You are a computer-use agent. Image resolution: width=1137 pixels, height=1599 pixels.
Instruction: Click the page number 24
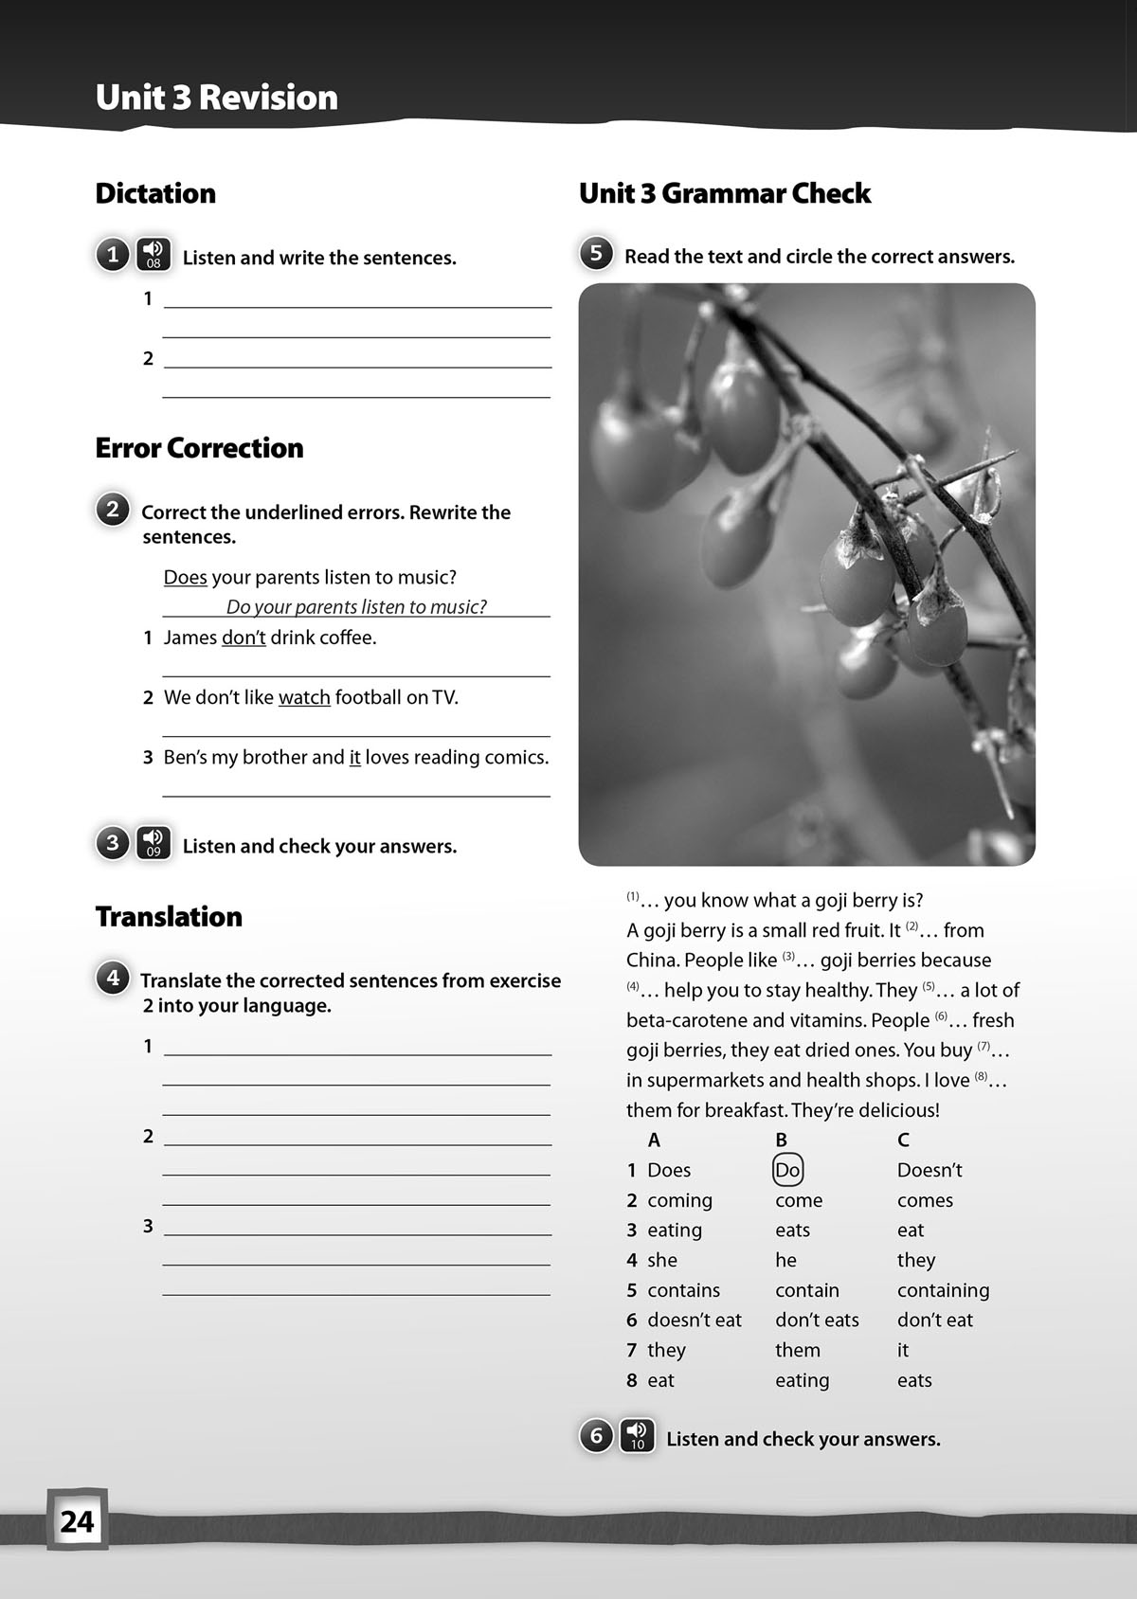[77, 1521]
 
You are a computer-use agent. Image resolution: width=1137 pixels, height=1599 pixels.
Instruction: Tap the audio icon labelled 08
[153, 255]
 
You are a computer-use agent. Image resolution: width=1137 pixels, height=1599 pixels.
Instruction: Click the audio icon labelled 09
[153, 843]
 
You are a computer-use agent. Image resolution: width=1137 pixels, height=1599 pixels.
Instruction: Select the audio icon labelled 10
[638, 1436]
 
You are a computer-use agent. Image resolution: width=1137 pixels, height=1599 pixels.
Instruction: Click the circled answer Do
[787, 1170]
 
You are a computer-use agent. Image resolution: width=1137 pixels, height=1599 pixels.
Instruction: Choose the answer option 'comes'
[925, 1200]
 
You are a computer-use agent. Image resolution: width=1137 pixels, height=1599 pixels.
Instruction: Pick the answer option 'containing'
[943, 1290]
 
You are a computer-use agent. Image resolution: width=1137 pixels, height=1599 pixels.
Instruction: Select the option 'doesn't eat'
[694, 1320]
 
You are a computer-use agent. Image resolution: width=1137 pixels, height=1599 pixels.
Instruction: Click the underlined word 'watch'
[304, 698]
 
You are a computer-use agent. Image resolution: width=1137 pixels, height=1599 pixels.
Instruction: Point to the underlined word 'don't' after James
[244, 638]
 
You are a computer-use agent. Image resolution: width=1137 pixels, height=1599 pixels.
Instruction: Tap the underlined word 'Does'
[185, 577]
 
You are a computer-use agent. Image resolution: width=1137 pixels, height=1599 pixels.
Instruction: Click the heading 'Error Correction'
[199, 447]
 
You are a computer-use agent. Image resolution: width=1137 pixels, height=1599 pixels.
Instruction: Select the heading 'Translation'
[169, 916]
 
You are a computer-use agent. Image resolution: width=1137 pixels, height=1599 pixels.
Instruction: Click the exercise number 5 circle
[596, 254]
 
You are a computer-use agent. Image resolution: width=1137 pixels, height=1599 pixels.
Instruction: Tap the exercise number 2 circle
[113, 510]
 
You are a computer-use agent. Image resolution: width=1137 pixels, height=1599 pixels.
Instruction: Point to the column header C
[903, 1140]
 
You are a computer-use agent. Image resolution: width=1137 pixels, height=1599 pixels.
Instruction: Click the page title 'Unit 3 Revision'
[216, 98]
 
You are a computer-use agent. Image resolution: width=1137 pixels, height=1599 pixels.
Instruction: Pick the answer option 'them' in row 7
[798, 1350]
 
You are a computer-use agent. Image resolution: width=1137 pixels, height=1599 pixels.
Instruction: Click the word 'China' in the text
[651, 960]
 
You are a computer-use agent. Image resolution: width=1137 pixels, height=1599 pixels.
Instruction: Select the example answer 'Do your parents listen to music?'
[356, 606]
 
